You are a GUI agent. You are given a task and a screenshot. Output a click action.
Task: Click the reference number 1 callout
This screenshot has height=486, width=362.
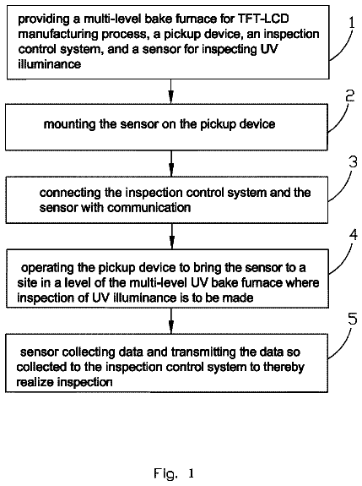pos(352,23)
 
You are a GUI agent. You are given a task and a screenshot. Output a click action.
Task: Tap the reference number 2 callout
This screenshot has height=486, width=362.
pos(350,96)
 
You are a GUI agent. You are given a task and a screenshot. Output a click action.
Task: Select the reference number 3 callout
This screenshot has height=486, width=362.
pos(353,161)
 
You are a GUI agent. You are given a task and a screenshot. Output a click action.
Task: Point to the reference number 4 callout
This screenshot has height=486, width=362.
pos(353,235)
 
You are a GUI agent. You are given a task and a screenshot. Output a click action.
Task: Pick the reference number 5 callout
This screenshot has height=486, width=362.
pos(353,319)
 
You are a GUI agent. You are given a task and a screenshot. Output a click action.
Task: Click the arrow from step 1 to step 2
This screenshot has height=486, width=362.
pos(170,91)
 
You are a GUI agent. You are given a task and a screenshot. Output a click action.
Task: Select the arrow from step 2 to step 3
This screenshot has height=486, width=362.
pos(171,164)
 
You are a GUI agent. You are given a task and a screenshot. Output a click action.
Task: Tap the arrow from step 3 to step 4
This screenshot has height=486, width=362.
pos(172,236)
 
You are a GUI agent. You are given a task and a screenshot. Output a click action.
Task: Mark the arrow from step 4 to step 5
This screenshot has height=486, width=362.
pos(171,321)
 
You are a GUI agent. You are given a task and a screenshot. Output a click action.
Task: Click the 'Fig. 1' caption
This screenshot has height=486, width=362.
pos(174,473)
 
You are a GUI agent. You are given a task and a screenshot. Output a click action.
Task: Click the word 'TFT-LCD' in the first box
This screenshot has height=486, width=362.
pos(263,19)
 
